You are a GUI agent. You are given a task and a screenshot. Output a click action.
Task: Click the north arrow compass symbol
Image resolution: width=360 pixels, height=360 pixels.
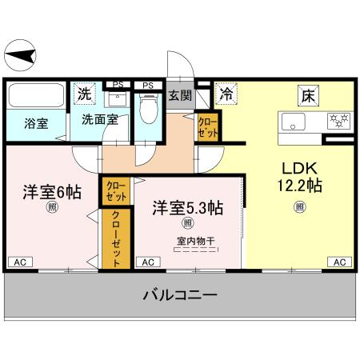[22, 56]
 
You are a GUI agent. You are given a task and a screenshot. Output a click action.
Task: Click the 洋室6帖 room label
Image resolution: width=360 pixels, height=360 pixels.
[50, 192]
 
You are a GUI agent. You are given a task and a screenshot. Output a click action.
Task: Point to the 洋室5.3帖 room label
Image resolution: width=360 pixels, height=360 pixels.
[188, 206]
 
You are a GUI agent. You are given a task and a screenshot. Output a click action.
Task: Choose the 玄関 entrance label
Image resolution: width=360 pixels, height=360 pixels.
[180, 96]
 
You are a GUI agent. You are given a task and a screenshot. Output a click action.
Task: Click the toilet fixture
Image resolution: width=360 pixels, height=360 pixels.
[148, 110]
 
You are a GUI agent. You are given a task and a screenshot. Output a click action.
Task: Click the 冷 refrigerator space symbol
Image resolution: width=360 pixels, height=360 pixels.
[227, 94]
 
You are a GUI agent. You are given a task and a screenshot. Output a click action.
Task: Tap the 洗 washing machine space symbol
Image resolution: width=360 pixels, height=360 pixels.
[84, 94]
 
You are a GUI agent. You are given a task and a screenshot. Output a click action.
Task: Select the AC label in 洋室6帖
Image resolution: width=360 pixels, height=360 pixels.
[19, 262]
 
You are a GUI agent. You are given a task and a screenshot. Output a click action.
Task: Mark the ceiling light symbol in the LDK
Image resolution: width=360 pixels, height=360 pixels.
[299, 207]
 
